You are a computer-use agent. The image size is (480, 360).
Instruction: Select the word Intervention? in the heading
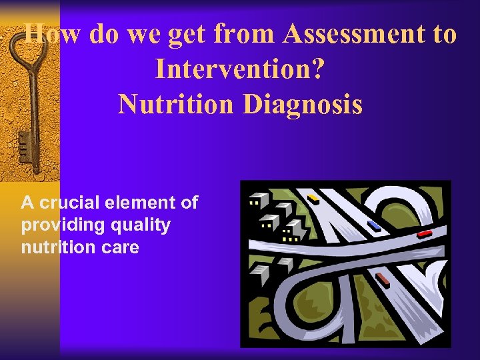click(x=241, y=69)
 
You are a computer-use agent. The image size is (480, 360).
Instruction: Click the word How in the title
click(x=52, y=34)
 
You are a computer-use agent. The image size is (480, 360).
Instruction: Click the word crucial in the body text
click(x=68, y=203)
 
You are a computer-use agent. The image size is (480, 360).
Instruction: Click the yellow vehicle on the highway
click(x=313, y=198)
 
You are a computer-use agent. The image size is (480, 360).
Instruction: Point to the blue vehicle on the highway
click(x=374, y=225)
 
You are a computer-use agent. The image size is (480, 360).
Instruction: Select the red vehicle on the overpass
click(x=424, y=234)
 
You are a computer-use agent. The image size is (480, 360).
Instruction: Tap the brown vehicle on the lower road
click(x=382, y=279)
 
